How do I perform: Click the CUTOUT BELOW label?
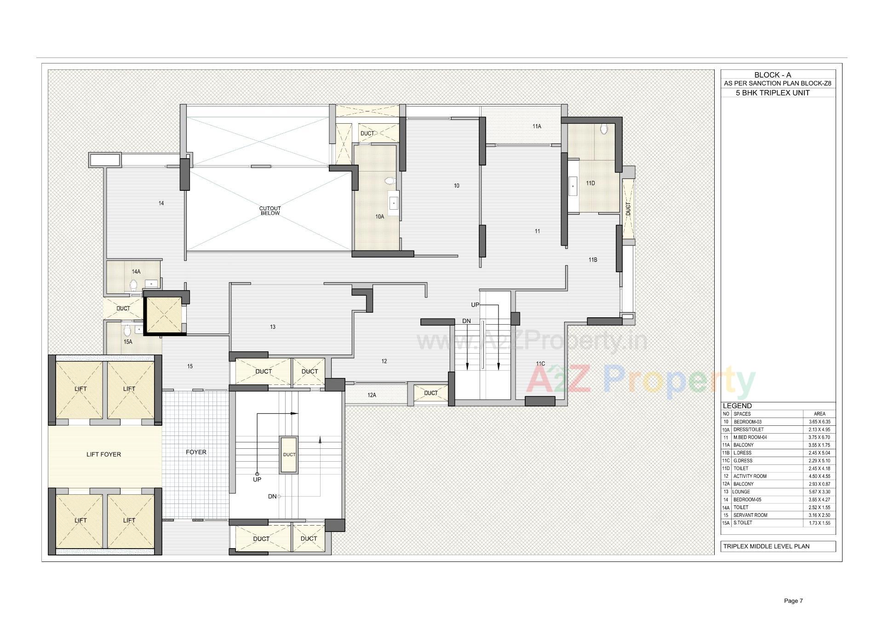[270, 211]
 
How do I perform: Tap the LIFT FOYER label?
[103, 454]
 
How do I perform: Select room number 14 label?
[161, 203]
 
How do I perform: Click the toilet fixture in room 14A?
[134, 285]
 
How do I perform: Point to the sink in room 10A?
[394, 203]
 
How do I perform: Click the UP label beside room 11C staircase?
[475, 305]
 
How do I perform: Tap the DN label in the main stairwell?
[272, 497]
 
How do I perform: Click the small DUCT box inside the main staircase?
[289, 454]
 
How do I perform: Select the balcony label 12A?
[372, 395]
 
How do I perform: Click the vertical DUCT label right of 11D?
[628, 209]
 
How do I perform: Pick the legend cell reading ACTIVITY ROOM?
[750, 476]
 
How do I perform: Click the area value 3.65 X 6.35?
[819, 422]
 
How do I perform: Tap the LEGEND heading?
[737, 406]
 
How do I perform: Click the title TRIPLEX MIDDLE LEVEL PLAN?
[766, 546]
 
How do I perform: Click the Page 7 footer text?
[793, 601]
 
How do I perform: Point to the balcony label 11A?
[537, 126]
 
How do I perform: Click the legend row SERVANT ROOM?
[750, 515]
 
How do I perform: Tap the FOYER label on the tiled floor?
[196, 452]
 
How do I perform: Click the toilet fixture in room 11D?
[604, 130]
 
